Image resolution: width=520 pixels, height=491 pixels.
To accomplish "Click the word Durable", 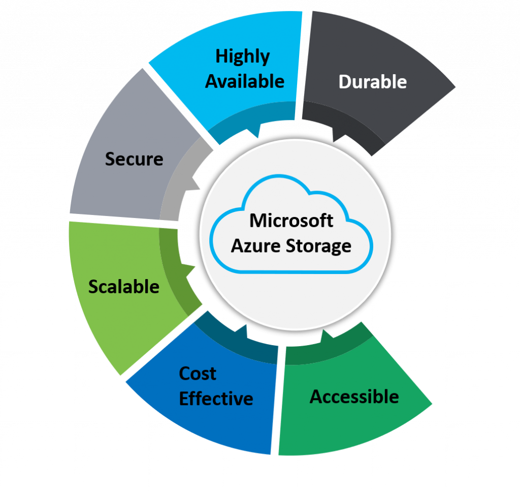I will pos(372,82).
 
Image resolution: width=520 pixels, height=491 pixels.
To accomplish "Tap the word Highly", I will pos(242,56).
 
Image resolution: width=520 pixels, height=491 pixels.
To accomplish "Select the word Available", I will pos(245,81).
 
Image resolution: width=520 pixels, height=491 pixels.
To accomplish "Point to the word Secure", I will pos(134,159).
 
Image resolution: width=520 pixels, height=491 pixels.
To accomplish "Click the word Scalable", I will pos(124,287).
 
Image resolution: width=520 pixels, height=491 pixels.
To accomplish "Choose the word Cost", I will pos(198,374).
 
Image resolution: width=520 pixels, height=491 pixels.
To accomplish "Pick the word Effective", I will pos(216,398).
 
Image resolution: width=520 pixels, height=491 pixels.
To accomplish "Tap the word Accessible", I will pos(354,396).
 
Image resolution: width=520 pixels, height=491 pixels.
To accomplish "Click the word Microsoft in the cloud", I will pos(291,221).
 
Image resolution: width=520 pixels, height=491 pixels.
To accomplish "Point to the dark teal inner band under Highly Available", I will pos(234,130).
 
